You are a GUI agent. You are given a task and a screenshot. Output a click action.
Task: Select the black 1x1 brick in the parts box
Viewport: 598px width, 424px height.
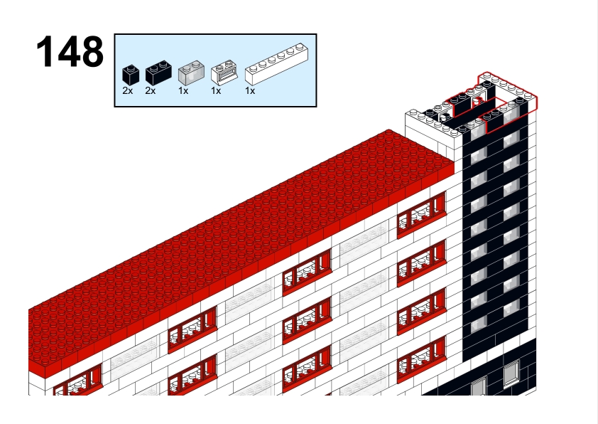tap(131, 75)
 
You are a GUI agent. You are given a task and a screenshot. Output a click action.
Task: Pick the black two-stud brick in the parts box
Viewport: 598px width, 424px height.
tap(158, 73)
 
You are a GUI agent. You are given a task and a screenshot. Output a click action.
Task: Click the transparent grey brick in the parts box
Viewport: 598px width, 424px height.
tap(191, 73)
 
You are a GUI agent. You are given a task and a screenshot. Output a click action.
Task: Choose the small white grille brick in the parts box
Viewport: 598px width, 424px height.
tap(224, 72)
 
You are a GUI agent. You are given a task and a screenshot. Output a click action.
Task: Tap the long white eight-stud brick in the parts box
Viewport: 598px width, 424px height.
tap(276, 64)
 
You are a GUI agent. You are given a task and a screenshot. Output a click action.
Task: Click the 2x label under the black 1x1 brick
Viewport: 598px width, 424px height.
tap(128, 91)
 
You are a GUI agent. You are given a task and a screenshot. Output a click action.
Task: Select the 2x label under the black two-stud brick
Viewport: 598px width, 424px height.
tap(151, 91)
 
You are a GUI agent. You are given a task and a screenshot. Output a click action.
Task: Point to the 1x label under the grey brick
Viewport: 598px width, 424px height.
tap(183, 91)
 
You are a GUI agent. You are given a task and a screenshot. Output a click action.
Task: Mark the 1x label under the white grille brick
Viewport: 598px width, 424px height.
tap(216, 91)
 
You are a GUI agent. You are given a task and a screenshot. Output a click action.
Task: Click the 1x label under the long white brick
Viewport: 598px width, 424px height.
tap(250, 91)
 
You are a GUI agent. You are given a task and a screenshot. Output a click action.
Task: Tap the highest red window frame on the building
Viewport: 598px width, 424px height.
tap(421, 216)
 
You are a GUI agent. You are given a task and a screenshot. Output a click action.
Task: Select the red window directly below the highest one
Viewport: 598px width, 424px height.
tap(421, 264)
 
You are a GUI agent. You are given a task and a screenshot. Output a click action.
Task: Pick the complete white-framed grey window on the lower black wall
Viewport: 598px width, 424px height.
tap(511, 373)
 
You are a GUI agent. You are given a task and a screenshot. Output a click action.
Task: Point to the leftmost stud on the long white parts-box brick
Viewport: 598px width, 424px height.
tap(253, 68)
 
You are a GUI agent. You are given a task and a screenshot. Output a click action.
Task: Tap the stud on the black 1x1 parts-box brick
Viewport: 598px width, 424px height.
tap(131, 68)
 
